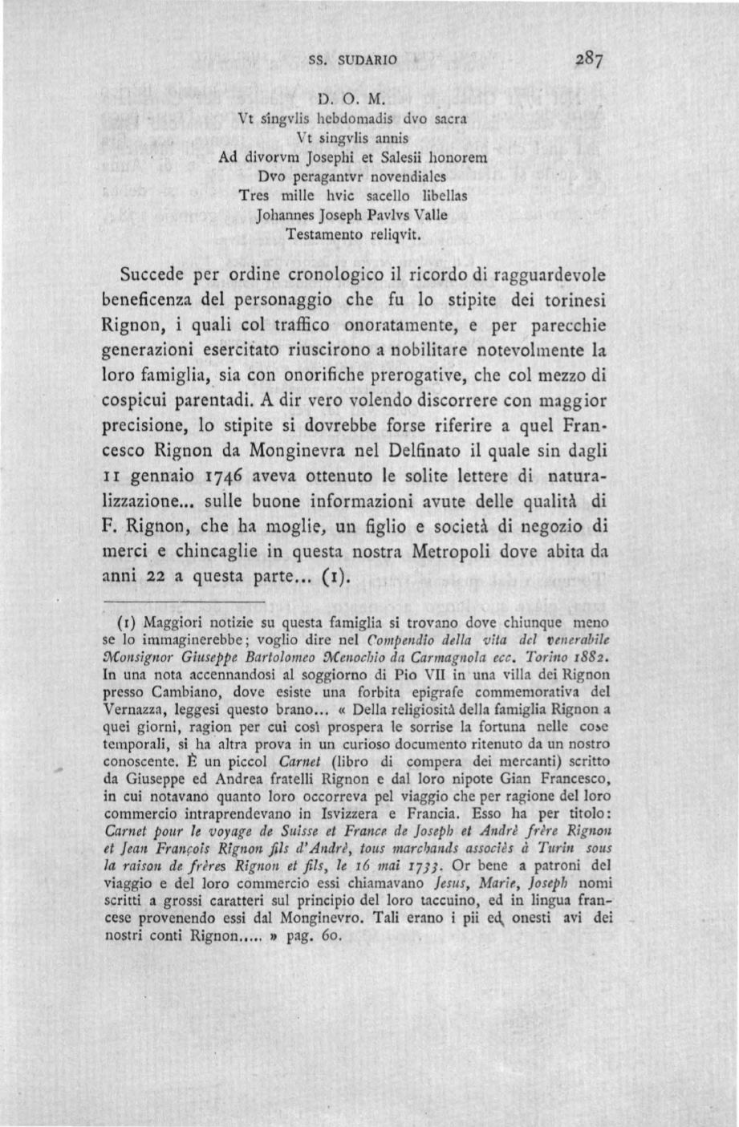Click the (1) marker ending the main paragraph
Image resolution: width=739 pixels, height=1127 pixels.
[x=337, y=577]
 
